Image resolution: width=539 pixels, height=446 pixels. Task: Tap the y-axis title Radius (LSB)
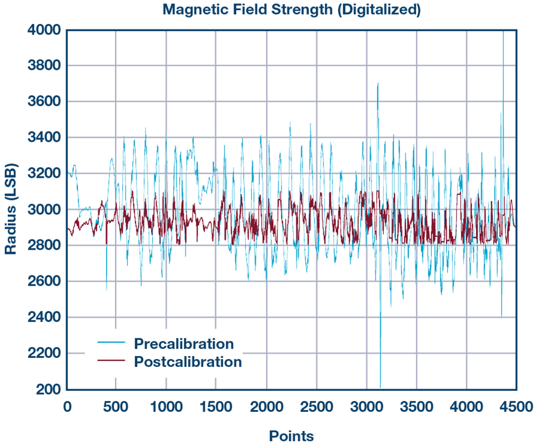tap(11, 209)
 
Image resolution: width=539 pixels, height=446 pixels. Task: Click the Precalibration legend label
tap(184, 344)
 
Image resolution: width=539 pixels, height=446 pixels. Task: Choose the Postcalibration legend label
tap(188, 362)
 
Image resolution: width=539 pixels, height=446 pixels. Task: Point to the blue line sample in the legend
tap(111, 343)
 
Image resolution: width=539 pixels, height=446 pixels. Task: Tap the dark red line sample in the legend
tap(111, 361)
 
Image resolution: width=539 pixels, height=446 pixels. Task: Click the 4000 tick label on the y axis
tap(44, 30)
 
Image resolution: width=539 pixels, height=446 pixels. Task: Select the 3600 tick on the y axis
tap(44, 102)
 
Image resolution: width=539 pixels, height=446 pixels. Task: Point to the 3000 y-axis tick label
tap(44, 210)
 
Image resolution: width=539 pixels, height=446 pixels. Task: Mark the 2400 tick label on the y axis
tap(44, 317)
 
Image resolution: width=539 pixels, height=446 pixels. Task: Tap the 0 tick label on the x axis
tap(67, 407)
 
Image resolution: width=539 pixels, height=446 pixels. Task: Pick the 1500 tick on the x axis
tap(216, 407)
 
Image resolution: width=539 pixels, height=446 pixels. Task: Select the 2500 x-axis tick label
tap(317, 407)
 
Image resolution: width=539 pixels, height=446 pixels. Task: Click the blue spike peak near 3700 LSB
tap(377, 84)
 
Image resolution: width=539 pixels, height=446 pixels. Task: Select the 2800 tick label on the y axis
tap(44, 245)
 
